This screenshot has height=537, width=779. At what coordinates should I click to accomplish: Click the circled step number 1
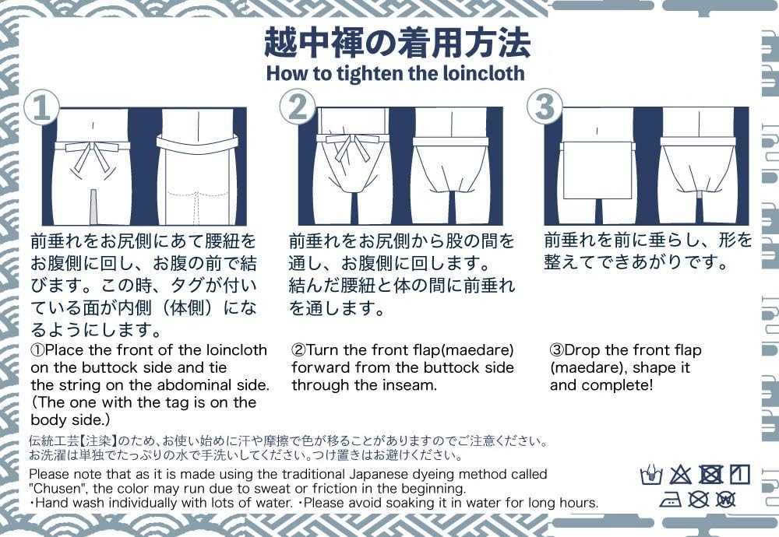(41, 107)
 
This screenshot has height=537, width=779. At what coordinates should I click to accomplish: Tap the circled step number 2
(298, 107)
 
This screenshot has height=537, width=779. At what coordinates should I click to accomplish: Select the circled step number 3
(545, 107)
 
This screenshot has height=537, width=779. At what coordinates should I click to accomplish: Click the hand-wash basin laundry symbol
(651, 475)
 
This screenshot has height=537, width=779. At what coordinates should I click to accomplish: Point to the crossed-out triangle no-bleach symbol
(680, 475)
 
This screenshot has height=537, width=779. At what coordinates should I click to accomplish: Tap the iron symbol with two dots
(670, 500)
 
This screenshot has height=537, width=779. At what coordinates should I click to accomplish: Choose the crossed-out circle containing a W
(726, 499)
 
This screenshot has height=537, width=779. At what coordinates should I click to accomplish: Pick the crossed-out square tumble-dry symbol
(711, 475)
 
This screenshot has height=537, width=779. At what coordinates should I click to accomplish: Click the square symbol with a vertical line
(740, 475)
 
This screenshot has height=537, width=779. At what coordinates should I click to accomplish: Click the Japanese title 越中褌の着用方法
(397, 43)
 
